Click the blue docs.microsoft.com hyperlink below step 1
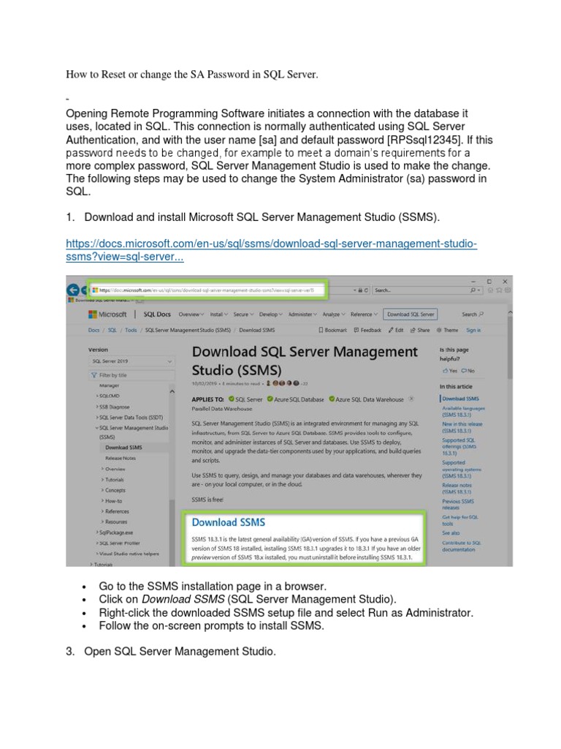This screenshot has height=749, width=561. coord(271,244)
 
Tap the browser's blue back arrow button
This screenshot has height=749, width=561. coord(73,290)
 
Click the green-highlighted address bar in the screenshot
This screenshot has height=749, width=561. coord(207,290)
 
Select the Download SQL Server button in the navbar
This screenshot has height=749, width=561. coord(411,315)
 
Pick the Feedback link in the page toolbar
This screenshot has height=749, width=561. coord(367,330)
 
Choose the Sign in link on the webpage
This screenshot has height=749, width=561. coord(473,330)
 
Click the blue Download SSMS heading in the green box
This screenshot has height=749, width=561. coord(228,522)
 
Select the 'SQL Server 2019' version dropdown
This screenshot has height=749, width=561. coord(131,361)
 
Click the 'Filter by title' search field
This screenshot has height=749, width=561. coord(131,374)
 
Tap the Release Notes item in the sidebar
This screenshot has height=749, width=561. coord(121,458)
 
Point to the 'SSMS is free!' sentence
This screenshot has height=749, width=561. coord(208,499)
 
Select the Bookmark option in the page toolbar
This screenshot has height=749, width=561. coord(332,330)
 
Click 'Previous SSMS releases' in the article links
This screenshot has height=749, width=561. coord(458,505)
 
